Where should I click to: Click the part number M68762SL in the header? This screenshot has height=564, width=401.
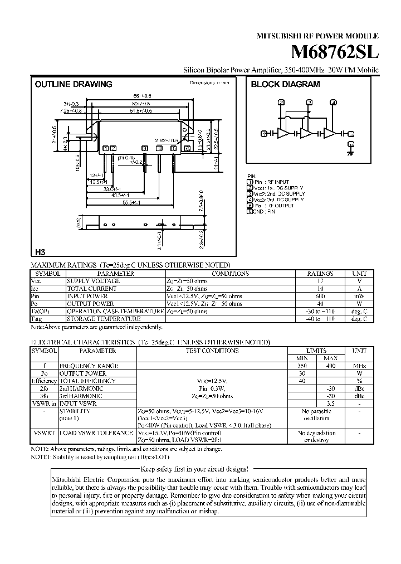[x=335, y=52]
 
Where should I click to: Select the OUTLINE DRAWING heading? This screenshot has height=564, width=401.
[x=74, y=84]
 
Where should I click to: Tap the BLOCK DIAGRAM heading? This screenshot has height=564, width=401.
[x=286, y=84]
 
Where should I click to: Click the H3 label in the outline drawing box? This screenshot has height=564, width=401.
[x=40, y=251]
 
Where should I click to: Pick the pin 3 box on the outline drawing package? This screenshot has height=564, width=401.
[x=145, y=148]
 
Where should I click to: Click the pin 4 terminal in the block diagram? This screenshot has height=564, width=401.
[x=334, y=102]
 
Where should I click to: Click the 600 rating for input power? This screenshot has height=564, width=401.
[x=320, y=296]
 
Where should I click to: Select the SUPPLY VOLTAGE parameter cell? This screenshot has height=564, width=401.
[x=94, y=281]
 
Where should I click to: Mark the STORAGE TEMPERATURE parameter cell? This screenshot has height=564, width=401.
[x=104, y=319]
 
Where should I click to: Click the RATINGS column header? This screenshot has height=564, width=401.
[x=320, y=274]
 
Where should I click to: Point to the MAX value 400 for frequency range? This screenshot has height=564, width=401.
[x=330, y=366]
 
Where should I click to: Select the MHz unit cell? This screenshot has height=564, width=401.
[x=360, y=366]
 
